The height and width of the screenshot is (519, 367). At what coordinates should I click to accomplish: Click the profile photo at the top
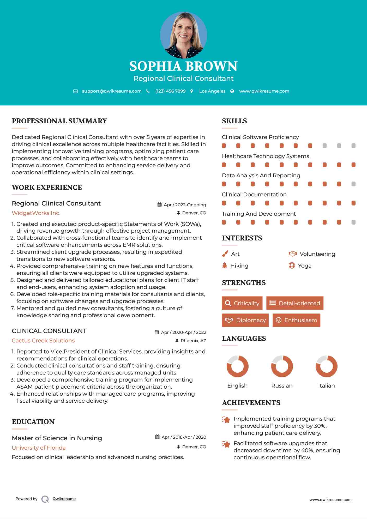pos(183,35)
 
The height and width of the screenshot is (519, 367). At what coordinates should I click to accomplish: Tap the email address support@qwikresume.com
pos(112,91)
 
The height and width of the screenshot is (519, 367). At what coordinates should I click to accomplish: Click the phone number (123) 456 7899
pos(170,91)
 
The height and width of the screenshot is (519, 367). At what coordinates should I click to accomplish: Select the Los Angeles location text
pos(212,91)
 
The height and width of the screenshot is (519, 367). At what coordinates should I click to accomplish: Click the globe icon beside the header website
pos(232,91)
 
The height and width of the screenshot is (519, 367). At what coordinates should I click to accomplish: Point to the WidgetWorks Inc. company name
pos(36,213)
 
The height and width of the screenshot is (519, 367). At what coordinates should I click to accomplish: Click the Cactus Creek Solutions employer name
pos(43,341)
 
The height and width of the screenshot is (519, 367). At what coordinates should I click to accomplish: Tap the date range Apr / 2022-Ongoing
pos(185,205)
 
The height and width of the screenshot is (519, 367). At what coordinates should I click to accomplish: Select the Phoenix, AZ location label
pos(193,341)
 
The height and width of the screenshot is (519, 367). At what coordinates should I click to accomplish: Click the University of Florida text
pos(39,448)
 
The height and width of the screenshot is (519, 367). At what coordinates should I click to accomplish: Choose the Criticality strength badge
pos(242,303)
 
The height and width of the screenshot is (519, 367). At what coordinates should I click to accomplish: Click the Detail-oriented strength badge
pos(295,303)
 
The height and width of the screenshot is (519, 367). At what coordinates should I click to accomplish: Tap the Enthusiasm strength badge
pos(296,320)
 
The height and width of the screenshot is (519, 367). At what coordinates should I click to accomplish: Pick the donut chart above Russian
pos(282,366)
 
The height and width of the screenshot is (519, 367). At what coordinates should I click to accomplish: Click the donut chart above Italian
pos(326,366)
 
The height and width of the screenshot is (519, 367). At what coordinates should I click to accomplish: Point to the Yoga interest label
pos(305,266)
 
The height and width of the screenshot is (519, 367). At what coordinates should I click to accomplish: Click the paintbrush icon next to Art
pos(225,254)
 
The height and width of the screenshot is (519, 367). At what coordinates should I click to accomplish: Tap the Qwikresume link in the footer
pos(64,499)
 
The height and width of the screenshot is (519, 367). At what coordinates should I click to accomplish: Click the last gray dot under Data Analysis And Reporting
pos(353,184)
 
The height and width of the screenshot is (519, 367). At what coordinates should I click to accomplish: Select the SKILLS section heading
pos(234,121)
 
